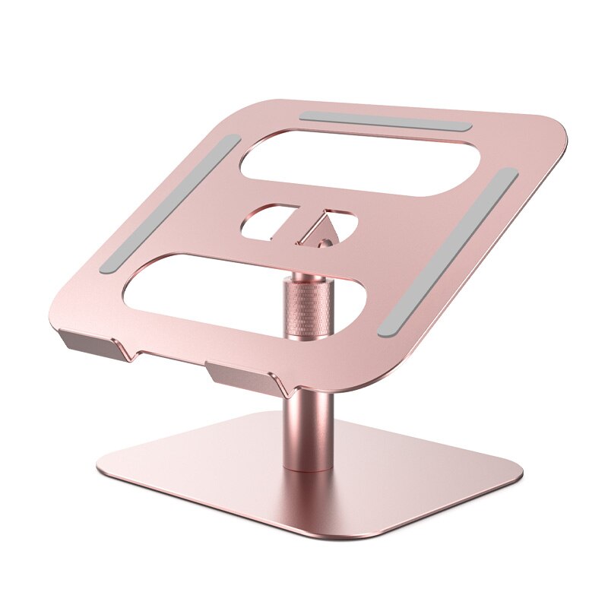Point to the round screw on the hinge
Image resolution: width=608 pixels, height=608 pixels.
(x=325, y=243)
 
